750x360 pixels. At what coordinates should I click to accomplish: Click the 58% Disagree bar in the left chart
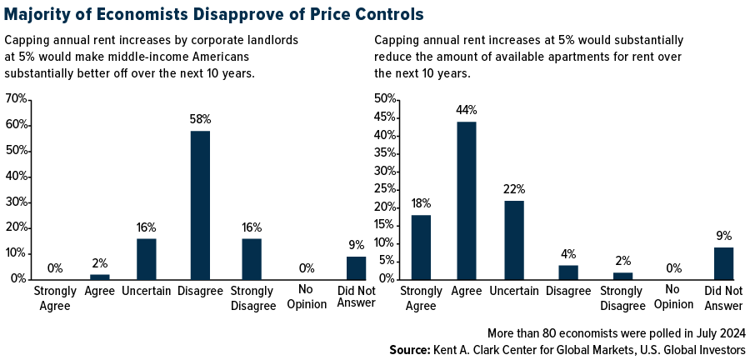(200, 204)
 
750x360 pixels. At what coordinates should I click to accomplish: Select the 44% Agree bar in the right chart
(466, 200)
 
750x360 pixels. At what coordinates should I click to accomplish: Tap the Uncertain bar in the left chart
(147, 258)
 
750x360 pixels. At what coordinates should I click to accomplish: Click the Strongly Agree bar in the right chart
(421, 247)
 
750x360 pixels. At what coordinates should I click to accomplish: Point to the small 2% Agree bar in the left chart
(99, 276)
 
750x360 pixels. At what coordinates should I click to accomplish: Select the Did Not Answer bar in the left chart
(357, 267)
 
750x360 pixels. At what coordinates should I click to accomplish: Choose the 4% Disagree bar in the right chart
(567, 272)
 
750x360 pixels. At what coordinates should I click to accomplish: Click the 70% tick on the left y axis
(16, 99)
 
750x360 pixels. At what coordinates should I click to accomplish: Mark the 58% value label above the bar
(200, 119)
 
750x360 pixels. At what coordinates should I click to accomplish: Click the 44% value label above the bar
(466, 110)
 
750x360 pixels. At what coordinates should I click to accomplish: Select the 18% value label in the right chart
(421, 202)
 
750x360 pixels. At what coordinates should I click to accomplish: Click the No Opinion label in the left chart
(307, 298)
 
